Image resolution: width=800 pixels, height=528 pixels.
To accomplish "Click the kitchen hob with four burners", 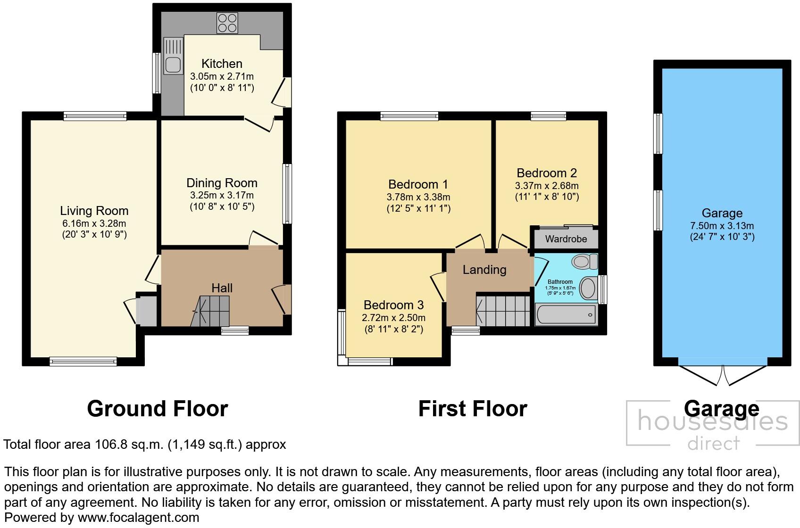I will click(227, 23).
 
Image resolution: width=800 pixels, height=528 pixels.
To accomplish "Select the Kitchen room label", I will click(222, 64).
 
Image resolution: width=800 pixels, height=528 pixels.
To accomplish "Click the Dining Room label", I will click(222, 183).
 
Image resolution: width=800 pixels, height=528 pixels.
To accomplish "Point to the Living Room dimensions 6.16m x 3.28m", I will click(94, 223).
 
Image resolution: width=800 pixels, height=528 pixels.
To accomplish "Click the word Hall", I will click(222, 288).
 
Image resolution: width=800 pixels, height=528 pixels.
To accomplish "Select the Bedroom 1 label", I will click(418, 184).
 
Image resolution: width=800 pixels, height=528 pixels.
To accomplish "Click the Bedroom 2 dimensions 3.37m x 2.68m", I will click(547, 186).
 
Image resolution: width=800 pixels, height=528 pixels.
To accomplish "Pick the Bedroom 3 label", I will click(393, 305).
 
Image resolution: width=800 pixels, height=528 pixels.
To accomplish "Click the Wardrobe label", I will click(566, 239).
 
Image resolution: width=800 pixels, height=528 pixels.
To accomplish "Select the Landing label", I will click(484, 270).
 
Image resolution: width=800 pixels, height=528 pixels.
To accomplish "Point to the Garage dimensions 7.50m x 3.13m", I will click(722, 226).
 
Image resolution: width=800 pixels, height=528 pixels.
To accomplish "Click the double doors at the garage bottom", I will click(723, 375).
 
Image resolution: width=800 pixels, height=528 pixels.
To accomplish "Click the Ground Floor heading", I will click(158, 409).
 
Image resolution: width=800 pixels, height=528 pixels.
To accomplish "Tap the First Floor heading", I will click(473, 409).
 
